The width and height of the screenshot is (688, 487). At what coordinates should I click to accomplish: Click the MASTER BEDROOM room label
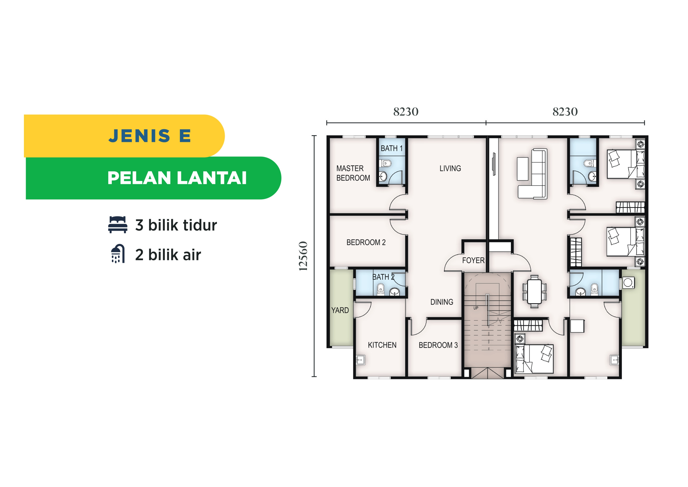point(353,173)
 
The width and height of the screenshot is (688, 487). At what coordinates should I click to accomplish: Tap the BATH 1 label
point(392,148)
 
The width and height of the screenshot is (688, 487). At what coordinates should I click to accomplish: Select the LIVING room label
point(450,168)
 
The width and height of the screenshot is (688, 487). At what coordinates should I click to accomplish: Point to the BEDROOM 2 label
point(366,242)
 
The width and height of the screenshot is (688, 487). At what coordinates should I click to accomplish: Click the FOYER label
point(473,260)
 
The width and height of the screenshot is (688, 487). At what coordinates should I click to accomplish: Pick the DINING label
point(442,302)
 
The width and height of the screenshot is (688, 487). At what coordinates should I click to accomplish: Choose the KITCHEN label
point(382,345)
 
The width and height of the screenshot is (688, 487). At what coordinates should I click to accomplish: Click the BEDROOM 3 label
point(438,345)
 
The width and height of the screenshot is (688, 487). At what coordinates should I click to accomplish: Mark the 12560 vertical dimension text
point(303,256)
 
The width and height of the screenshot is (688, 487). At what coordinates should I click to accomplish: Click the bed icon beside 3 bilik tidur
point(118,225)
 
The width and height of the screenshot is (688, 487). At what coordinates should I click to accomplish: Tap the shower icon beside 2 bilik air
point(118,254)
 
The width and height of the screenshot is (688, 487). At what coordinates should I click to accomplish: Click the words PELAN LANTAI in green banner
point(177,178)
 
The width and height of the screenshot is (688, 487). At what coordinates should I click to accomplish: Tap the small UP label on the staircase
point(476,308)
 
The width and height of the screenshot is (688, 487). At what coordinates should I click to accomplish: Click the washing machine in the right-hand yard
point(628,283)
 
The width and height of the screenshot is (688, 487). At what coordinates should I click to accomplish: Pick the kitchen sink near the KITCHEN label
point(360,360)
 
